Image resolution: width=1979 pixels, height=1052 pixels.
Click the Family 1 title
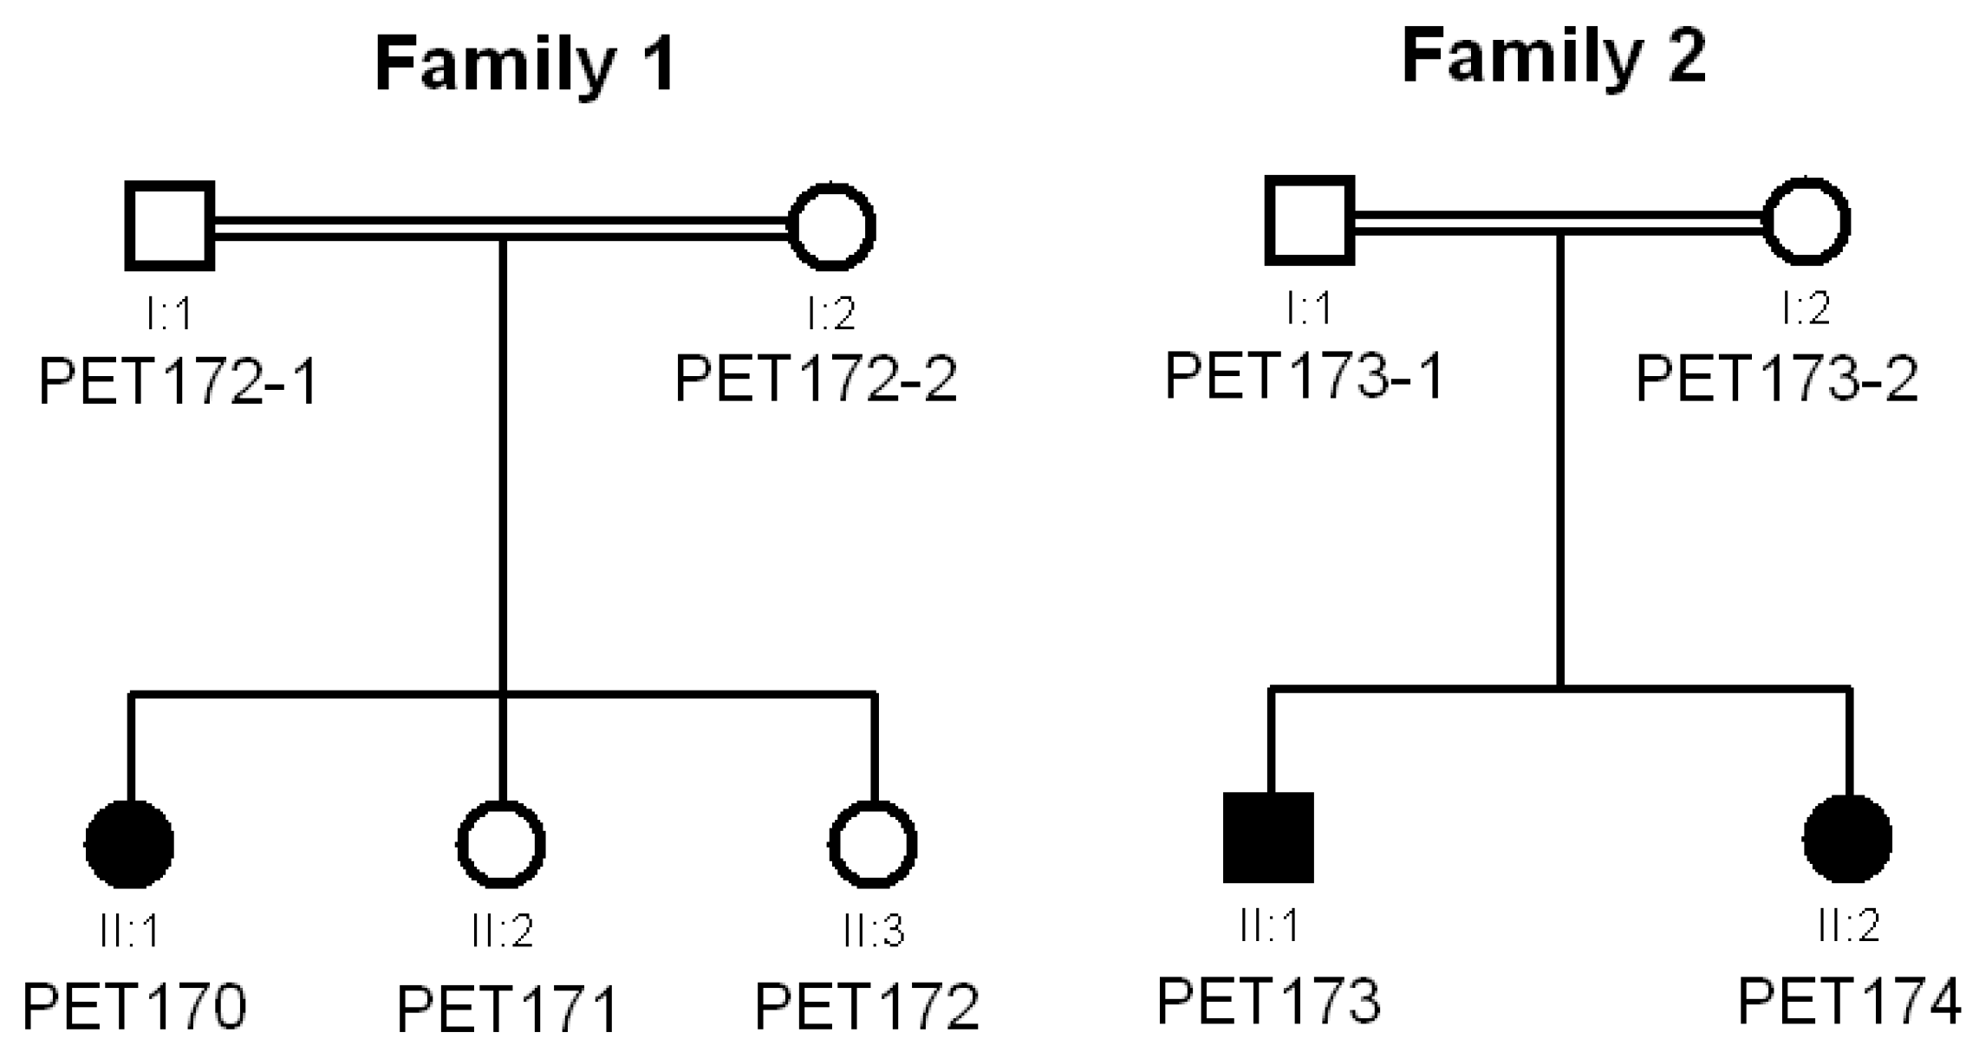point(524,65)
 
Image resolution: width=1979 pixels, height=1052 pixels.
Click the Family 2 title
point(1553,56)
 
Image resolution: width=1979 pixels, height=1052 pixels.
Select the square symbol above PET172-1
point(170,226)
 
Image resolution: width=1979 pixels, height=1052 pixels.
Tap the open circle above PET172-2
point(832,227)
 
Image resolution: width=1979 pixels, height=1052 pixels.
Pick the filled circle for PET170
point(130,843)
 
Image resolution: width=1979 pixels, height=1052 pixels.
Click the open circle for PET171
point(501,843)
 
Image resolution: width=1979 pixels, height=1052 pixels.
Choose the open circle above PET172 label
point(873,843)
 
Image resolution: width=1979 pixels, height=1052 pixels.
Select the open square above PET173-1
point(1310,220)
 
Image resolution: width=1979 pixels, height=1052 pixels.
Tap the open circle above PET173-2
point(1807,221)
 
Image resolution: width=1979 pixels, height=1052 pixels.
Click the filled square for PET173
point(1268,837)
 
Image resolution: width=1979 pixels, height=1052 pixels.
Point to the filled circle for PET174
point(1847,838)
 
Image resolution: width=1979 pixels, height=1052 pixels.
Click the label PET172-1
point(179,381)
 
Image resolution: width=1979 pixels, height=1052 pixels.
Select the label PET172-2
point(816,379)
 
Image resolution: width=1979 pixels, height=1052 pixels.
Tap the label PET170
point(134,1006)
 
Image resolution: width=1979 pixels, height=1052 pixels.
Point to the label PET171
point(507,1009)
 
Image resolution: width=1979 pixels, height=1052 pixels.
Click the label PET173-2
point(1776,378)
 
